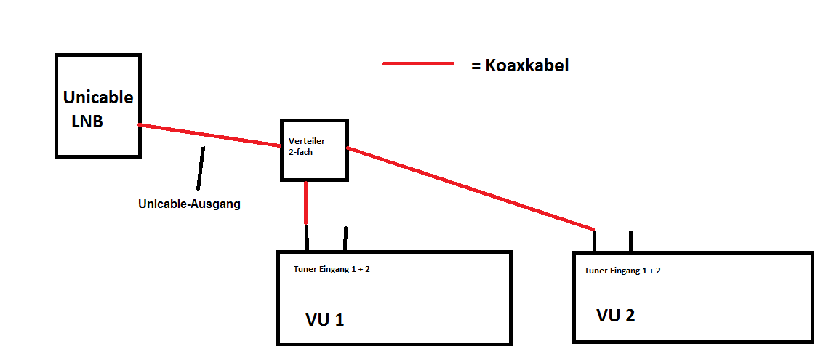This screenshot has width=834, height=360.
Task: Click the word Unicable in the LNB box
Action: tap(98, 97)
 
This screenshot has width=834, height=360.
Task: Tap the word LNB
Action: tap(87, 121)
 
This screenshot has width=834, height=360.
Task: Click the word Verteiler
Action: tap(305, 141)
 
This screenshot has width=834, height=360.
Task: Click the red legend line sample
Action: tap(418, 64)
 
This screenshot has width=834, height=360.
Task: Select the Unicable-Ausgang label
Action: tap(189, 204)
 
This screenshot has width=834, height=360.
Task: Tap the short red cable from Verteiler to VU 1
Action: tap(305, 202)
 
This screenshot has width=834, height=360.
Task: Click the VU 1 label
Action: tap(324, 319)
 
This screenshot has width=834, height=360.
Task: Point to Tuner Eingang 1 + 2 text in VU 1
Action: tap(332, 269)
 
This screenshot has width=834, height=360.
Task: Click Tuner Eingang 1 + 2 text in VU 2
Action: tap(622, 271)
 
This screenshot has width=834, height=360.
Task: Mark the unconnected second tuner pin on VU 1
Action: tap(345, 239)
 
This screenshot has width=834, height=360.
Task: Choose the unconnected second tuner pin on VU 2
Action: tap(630, 241)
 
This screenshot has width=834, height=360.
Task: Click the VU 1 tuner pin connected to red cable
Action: tap(307, 238)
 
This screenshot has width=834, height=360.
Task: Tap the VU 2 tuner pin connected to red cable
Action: tap(594, 240)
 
